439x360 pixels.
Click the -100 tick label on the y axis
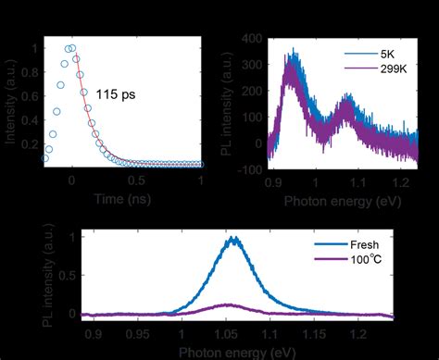(245, 169)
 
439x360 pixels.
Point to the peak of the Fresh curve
(235, 238)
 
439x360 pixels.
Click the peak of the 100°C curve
(235, 304)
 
